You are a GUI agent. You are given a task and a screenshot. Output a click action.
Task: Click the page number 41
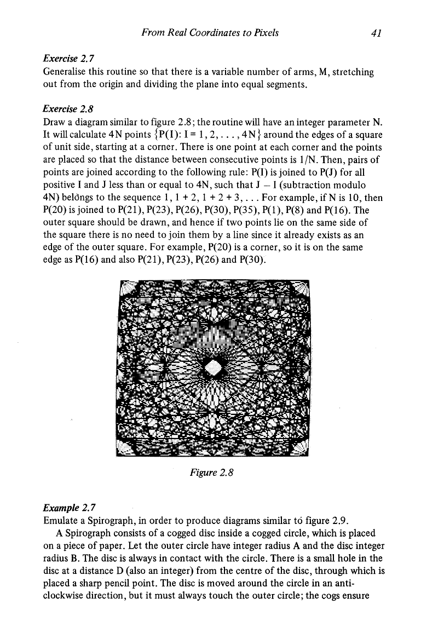[376, 33]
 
